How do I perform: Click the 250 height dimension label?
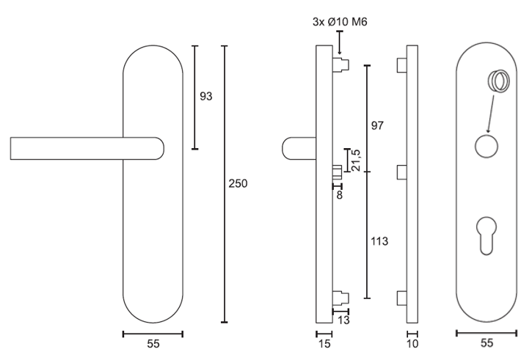point(238,183)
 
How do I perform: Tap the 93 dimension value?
point(206,96)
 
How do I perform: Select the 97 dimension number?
point(377,126)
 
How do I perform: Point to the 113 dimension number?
point(379,241)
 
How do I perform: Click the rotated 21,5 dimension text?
point(356,160)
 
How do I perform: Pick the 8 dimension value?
point(340,195)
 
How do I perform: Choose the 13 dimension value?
point(343,320)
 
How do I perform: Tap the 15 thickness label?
point(324,344)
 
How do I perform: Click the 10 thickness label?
point(412,344)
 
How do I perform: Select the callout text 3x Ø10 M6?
point(340,22)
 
